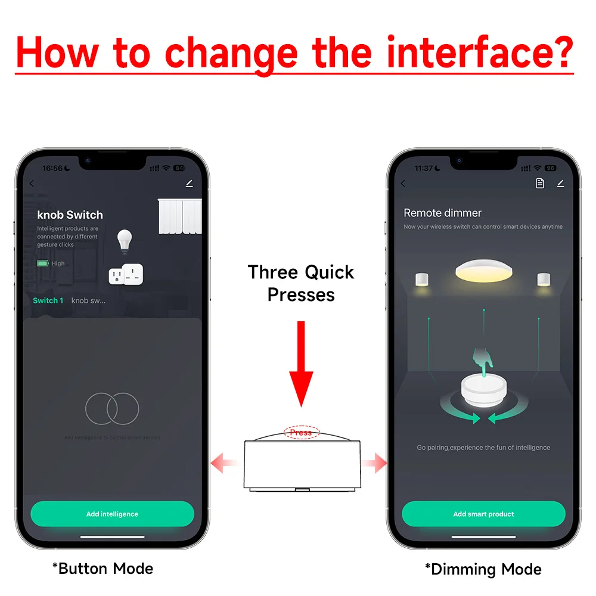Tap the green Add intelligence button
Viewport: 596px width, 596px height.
click(112, 514)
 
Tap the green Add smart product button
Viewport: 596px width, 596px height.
click(483, 514)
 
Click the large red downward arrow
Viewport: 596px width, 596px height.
click(301, 364)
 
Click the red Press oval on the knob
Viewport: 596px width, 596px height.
click(301, 433)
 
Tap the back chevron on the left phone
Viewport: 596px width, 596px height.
click(32, 184)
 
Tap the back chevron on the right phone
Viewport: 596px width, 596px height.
click(403, 184)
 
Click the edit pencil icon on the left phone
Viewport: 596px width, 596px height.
click(189, 184)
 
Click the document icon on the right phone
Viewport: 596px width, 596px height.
click(540, 184)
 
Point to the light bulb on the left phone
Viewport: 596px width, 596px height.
click(124, 240)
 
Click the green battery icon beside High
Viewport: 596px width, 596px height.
click(43, 263)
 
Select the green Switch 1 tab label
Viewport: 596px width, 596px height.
click(48, 300)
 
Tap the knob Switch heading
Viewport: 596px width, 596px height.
click(70, 215)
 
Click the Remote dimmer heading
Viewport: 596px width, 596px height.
click(442, 213)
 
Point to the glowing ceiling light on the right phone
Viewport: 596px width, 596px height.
click(483, 271)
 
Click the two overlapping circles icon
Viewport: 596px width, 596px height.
click(112, 408)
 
